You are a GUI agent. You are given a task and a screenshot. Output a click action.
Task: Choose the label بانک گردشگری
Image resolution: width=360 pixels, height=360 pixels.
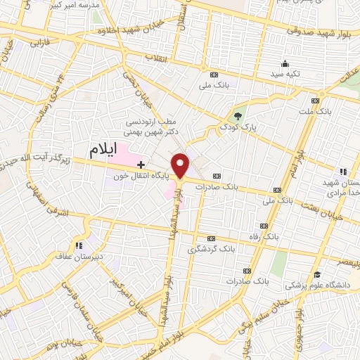pyautogui.click(x=208, y=249)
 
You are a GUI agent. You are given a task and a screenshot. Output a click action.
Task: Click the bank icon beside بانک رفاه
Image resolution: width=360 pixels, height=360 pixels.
pyautogui.click(x=264, y=226)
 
